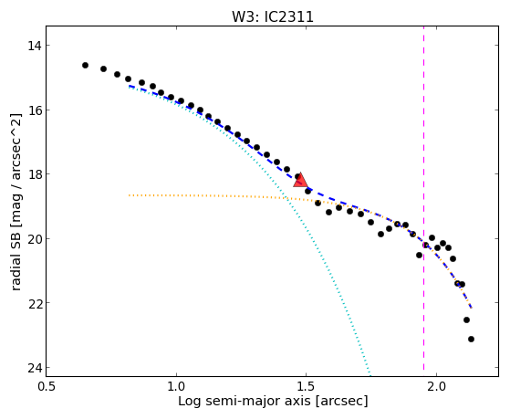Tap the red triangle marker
tap(300, 181)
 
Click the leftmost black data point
tap(85, 66)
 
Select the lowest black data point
tap(471, 340)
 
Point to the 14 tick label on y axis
tap(34, 46)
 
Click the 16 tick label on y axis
tap(34, 110)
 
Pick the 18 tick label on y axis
tap(34, 174)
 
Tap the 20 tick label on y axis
tap(34, 239)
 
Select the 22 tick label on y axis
tap(34, 303)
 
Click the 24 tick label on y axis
tap(34, 368)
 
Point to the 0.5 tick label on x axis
tap(47, 386)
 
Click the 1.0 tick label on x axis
tap(176, 386)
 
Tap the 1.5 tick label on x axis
tap(306, 386)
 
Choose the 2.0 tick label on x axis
tap(436, 386)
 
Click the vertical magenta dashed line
tap(423, 198)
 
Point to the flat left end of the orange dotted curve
tap(130, 195)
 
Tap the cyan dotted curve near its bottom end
tap(369, 367)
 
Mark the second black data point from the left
tap(103, 69)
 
